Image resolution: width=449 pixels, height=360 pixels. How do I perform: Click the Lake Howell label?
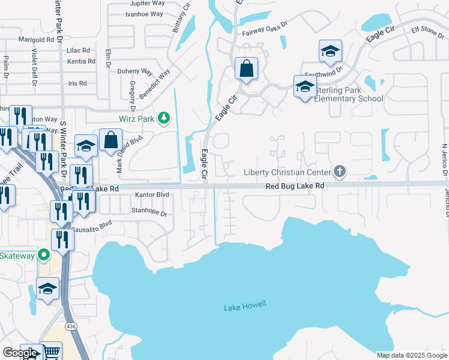[244, 307]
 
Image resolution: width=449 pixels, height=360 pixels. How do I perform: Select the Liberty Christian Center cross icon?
[340, 173]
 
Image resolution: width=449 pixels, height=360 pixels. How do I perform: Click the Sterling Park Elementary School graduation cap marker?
[305, 88]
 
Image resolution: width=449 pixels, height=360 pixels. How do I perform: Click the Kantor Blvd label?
[152, 195]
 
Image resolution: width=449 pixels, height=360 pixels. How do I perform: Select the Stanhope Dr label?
[148, 211]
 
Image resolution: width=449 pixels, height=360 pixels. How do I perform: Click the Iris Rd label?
[78, 83]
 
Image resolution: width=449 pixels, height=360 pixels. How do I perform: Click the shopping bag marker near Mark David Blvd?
[111, 142]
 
